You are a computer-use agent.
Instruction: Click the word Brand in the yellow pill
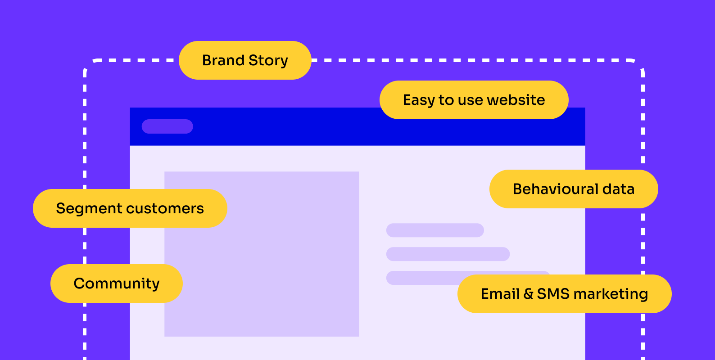[223, 60]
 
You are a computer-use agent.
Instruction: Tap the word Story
[268, 61]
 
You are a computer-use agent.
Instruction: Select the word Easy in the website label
[419, 100]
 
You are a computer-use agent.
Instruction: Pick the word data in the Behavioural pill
[619, 189]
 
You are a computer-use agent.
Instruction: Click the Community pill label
[117, 283]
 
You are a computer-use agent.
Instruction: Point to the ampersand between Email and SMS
[529, 294]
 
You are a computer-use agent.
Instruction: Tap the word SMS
[553, 294]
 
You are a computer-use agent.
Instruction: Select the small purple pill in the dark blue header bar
[167, 126]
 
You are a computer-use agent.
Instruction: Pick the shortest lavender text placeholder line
[435, 230]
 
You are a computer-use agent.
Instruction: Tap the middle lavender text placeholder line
[448, 254]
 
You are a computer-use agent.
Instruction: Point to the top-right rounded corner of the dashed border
[639, 64]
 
